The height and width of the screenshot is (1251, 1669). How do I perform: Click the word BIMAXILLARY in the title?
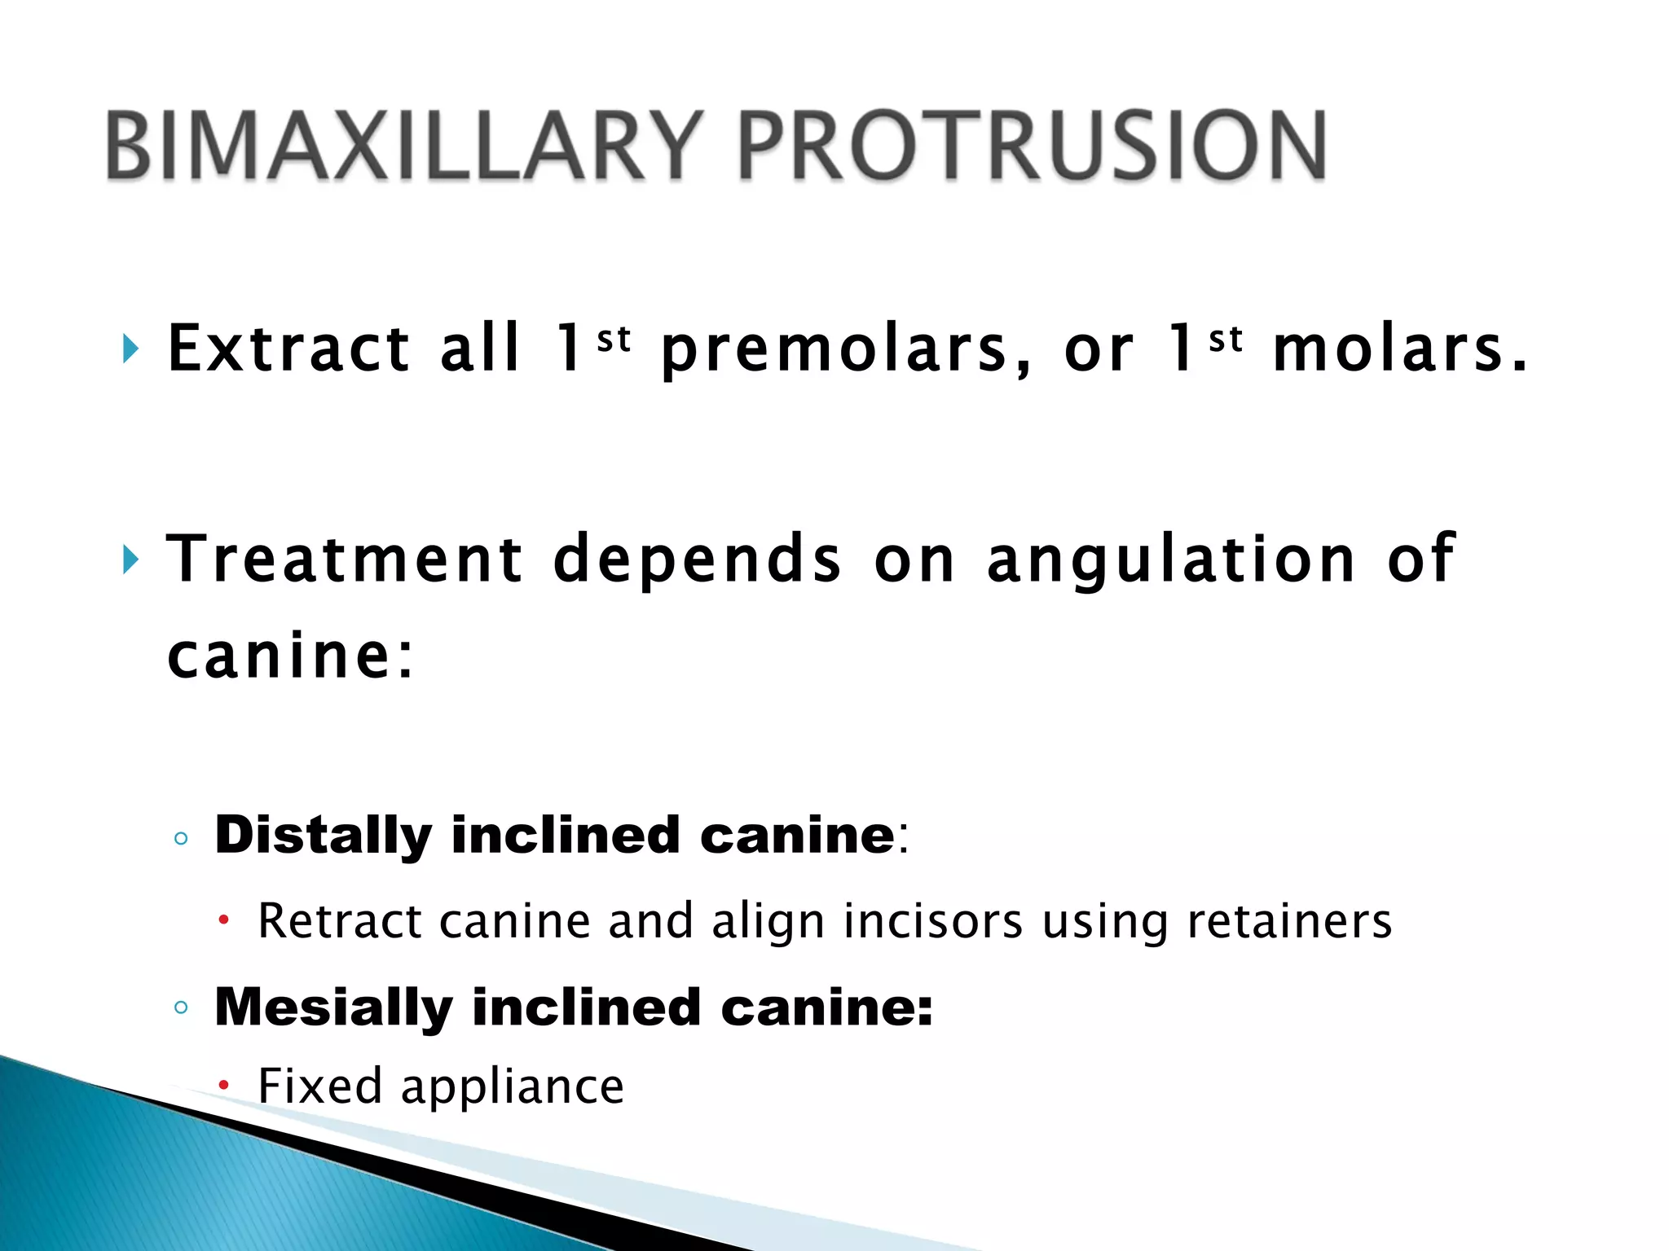coord(404,147)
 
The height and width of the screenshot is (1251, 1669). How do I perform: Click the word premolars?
coord(846,350)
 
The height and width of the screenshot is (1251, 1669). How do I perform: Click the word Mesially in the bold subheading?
coord(333,1008)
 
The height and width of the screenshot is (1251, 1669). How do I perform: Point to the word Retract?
coord(340,921)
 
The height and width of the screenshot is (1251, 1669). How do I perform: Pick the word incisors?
coord(933,921)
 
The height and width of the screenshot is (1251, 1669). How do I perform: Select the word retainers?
coord(1289,921)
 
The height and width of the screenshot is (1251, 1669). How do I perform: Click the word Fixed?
coord(319,1086)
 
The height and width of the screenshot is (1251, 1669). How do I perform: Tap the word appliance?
coord(513,1087)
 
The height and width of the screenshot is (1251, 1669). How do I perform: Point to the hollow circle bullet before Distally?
coord(181,838)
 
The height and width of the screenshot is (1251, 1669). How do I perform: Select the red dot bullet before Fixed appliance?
coord(223,1086)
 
